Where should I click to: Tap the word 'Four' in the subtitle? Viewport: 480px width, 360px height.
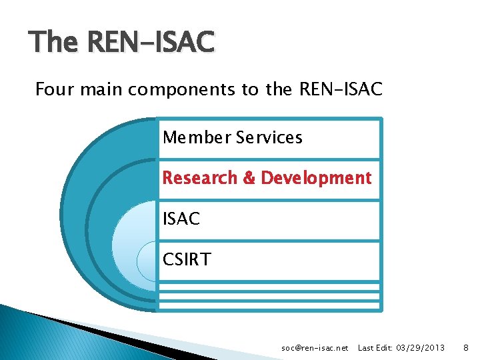click(53, 89)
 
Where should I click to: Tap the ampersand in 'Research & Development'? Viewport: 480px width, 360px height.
click(249, 178)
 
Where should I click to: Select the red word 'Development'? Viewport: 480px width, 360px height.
click(315, 178)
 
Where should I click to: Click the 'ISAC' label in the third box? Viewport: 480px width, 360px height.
click(181, 218)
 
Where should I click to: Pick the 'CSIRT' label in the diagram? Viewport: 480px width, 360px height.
click(187, 259)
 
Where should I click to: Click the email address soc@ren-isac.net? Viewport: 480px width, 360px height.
click(315, 348)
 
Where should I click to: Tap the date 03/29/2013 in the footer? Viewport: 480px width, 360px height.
click(420, 348)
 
